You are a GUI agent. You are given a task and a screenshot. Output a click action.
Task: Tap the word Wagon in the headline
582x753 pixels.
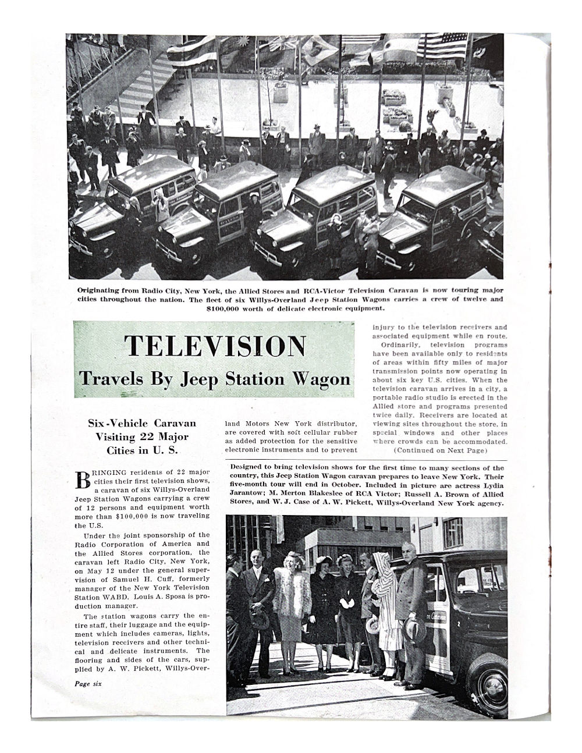pos(321,379)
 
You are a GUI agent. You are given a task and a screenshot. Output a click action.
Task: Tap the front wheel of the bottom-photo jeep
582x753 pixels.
pos(488,680)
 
